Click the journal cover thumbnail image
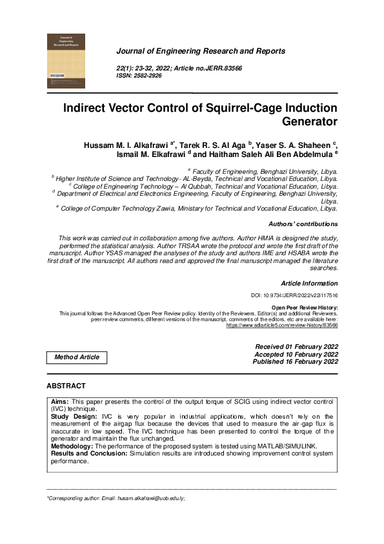(66, 61)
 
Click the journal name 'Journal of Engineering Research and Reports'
(200, 51)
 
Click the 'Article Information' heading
(308, 283)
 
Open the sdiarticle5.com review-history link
(281, 325)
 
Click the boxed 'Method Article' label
(77, 357)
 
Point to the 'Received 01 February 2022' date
(296, 347)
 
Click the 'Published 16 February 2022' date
(296, 362)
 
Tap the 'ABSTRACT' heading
(66, 386)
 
